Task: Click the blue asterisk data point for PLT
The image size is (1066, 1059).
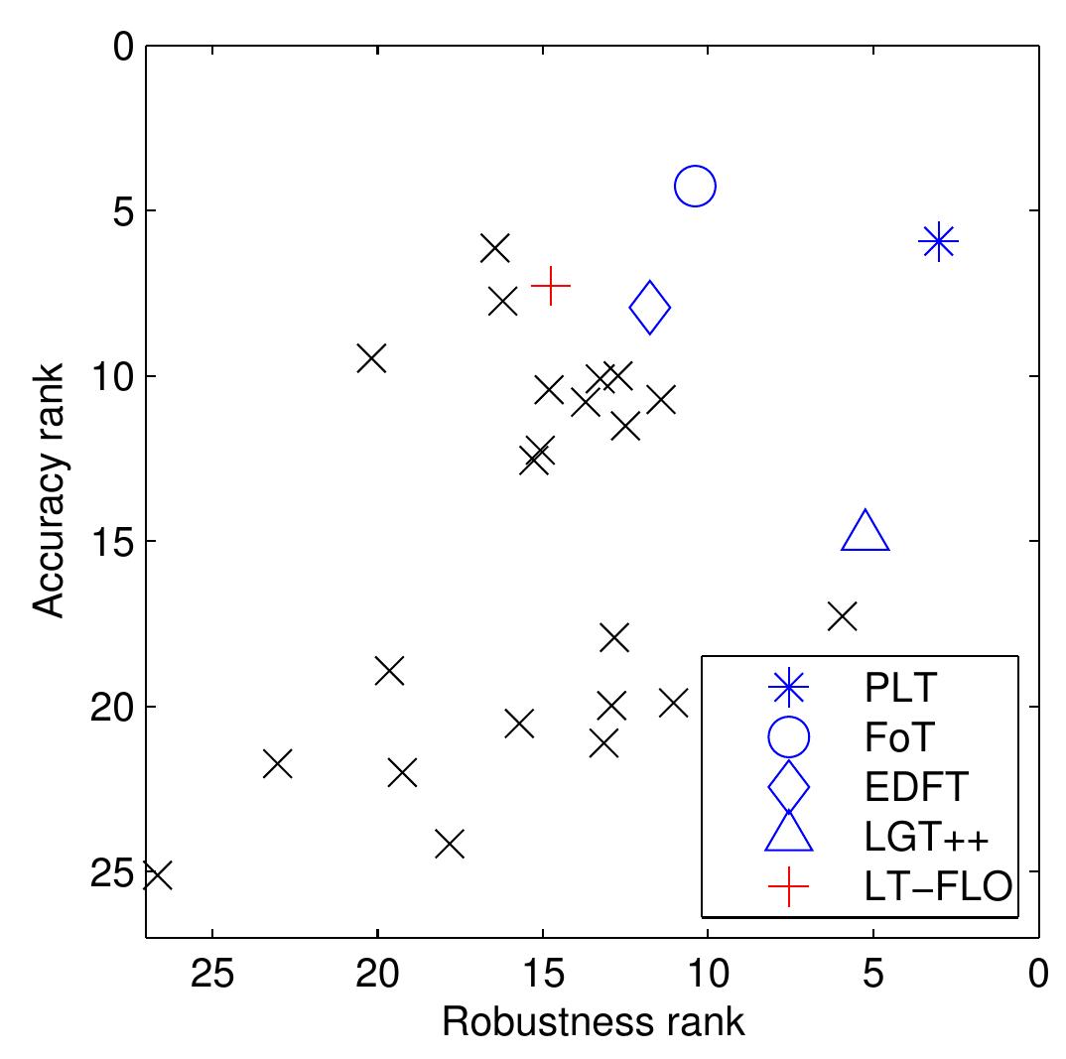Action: tap(938, 241)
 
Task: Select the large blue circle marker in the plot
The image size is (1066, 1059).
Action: tap(695, 186)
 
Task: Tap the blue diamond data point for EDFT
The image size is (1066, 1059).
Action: tap(650, 308)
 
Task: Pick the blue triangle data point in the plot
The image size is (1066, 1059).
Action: tap(866, 532)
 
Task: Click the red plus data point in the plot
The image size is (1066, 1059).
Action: tap(550, 286)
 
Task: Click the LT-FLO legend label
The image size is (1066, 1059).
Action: tap(938, 886)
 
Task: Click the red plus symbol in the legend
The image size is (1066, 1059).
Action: tap(788, 886)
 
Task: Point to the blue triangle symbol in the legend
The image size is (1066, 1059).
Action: tap(789, 833)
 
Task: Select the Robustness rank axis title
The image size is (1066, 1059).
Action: tap(593, 1022)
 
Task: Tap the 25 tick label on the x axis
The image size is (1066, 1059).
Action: tap(212, 975)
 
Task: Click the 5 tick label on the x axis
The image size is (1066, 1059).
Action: tap(873, 975)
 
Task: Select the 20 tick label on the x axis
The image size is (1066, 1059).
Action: tap(378, 975)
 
